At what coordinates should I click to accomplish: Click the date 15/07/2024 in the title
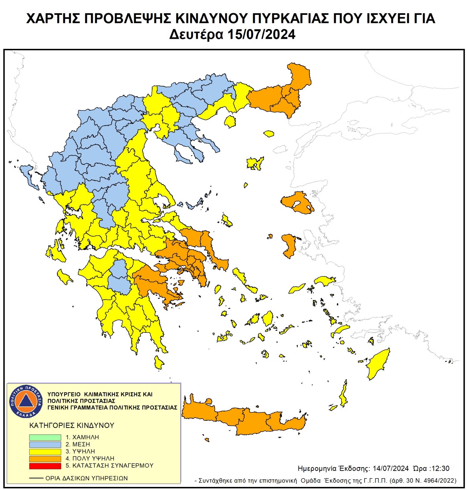(261, 35)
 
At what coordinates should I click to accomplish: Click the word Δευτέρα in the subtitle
(196, 35)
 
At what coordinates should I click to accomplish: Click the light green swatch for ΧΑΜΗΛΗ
(45, 437)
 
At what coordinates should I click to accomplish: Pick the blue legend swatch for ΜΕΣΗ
(45, 444)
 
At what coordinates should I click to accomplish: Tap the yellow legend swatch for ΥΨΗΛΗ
(45, 452)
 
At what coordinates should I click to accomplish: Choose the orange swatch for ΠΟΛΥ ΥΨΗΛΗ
(45, 459)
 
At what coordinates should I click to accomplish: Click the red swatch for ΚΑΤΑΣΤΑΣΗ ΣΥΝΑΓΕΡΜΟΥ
(45, 466)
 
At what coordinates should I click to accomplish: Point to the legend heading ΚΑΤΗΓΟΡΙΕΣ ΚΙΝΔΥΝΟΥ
(72, 426)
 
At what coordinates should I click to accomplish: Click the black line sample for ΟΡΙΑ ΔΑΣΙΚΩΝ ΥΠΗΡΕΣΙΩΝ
(36, 478)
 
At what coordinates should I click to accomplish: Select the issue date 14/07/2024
(391, 468)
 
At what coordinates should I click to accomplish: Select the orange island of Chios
(289, 246)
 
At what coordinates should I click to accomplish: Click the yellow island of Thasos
(230, 121)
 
